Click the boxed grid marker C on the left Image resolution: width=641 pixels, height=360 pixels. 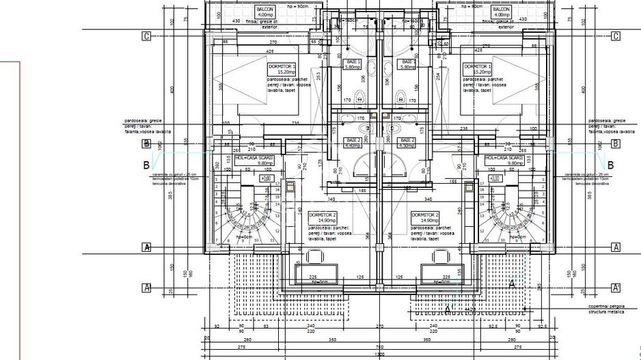coord(146,37)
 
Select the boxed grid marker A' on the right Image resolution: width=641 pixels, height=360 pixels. coord(616,288)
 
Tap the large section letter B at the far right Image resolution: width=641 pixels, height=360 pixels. coord(610,165)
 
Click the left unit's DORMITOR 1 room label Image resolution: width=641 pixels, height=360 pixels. coord(282,68)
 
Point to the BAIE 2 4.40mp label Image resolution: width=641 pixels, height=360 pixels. coord(353,142)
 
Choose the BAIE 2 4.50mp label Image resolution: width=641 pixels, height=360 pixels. coord(406,142)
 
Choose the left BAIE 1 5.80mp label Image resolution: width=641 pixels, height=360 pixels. coord(353,64)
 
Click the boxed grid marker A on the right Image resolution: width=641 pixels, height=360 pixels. coord(616,247)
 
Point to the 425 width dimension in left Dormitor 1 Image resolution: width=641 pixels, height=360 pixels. coord(271,51)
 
